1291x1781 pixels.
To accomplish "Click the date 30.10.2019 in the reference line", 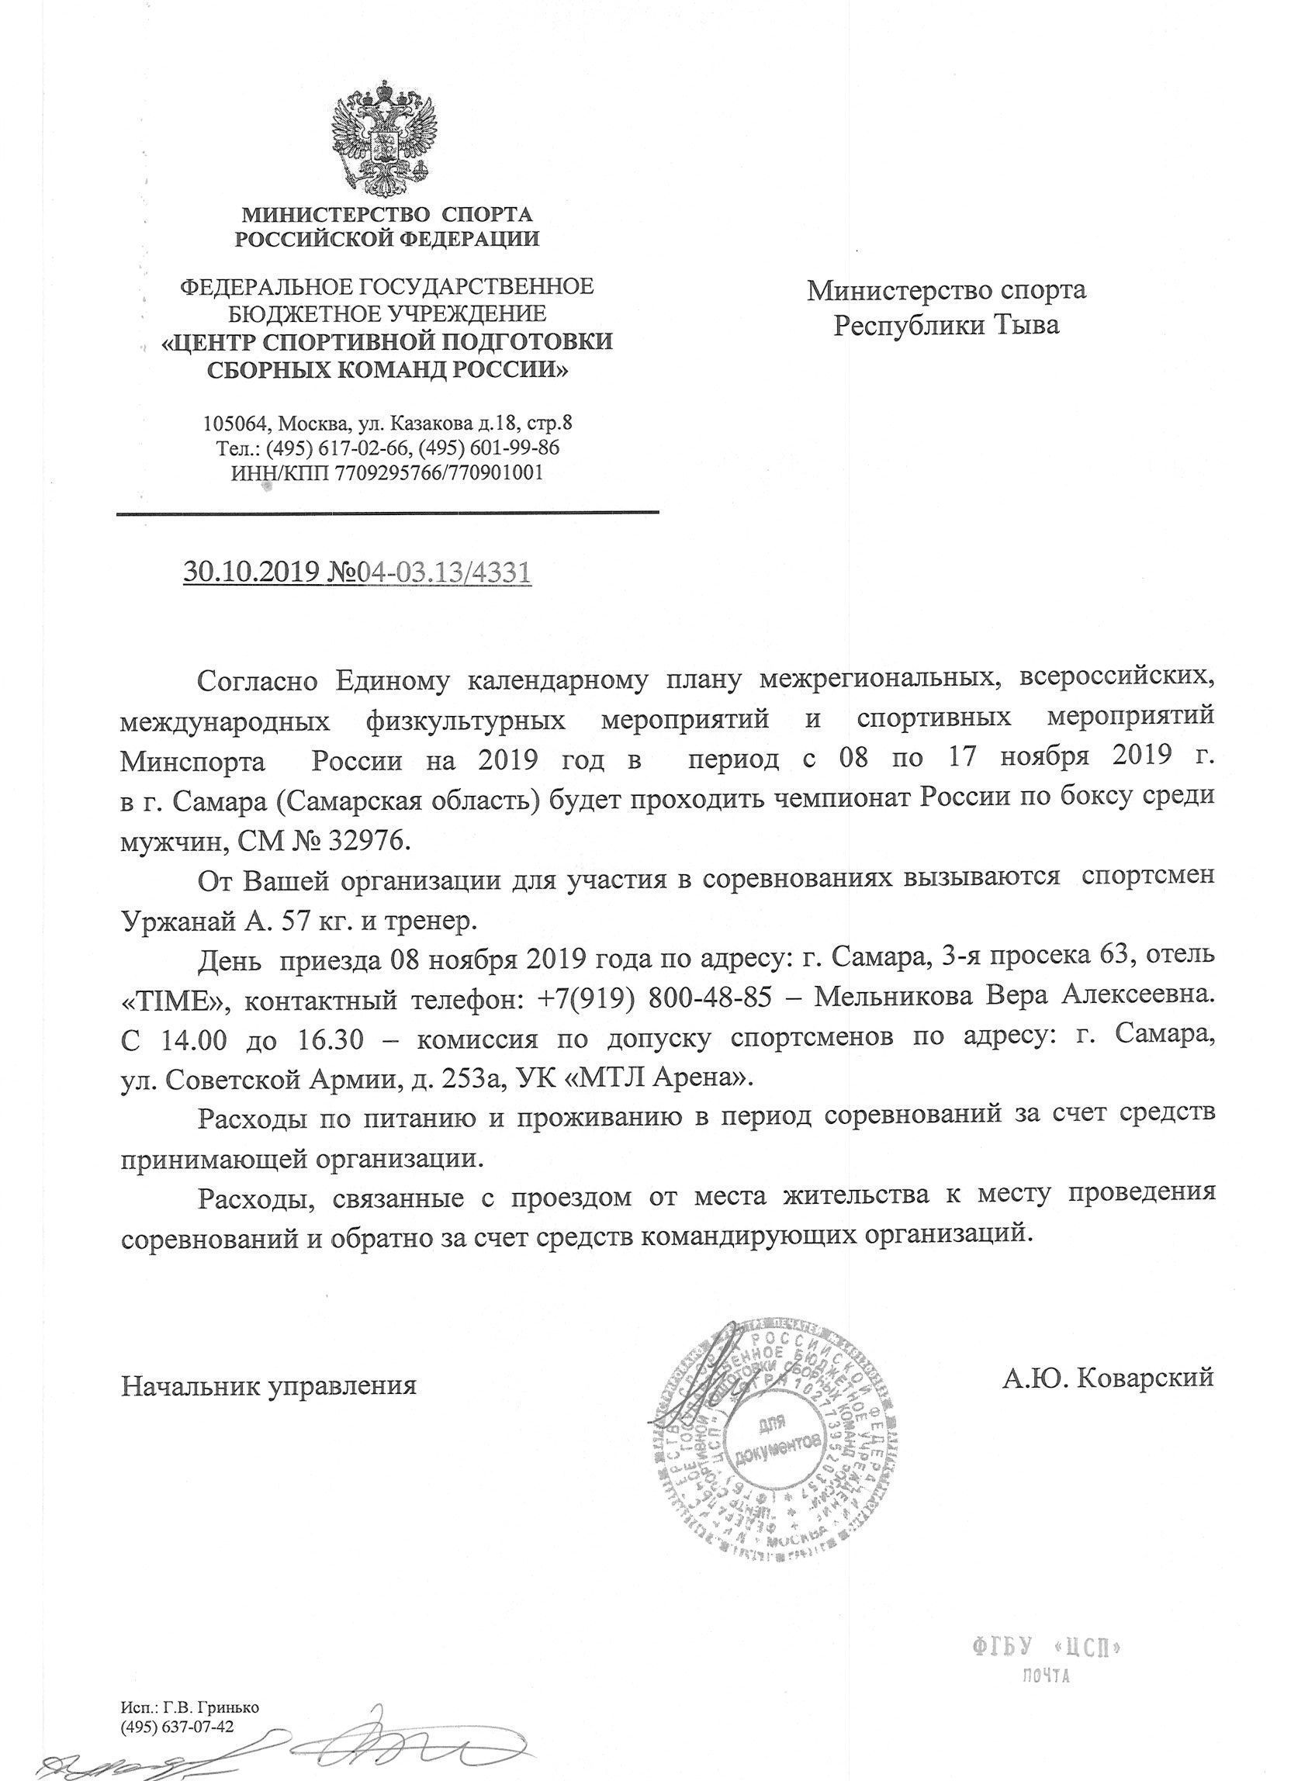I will pos(250,572).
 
